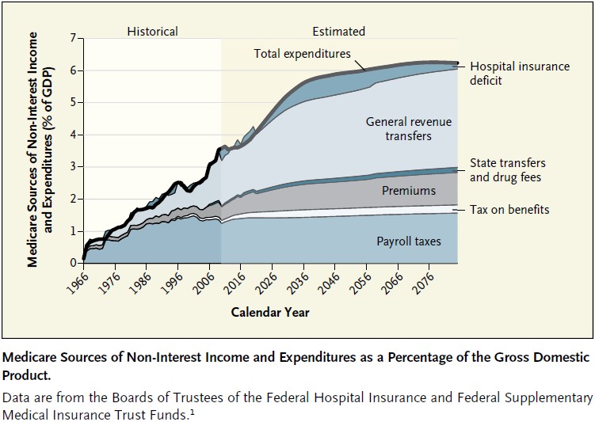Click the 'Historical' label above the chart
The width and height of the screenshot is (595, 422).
click(152, 32)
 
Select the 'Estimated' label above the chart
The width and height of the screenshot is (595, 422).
click(338, 32)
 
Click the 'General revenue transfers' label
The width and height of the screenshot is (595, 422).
click(409, 129)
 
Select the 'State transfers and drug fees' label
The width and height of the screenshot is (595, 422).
click(507, 170)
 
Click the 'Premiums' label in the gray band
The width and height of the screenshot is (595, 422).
click(408, 191)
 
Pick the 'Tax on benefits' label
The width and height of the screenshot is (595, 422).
click(509, 210)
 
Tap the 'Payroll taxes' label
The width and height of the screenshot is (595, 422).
click(408, 241)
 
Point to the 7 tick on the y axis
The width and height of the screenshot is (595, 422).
click(73, 38)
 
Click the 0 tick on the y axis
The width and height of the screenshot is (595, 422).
click(73, 263)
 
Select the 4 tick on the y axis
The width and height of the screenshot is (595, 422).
click(73, 135)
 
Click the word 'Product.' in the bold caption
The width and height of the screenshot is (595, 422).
click(26, 375)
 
